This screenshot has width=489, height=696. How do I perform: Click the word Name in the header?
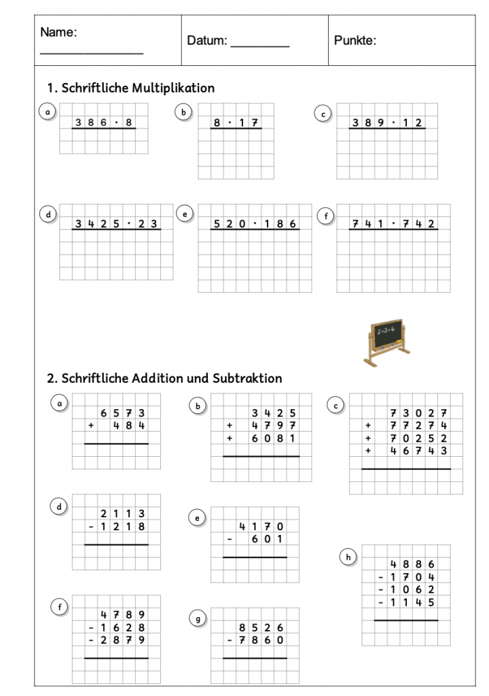[58, 32]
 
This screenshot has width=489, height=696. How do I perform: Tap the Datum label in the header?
[207, 41]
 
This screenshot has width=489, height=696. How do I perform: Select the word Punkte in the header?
[355, 41]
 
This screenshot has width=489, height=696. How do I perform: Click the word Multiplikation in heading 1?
[173, 88]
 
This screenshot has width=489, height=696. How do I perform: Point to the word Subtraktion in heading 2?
[247, 378]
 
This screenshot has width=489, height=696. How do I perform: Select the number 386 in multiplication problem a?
[90, 123]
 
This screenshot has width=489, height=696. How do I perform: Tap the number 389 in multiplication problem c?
[367, 123]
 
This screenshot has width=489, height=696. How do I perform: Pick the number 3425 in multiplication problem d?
[97, 224]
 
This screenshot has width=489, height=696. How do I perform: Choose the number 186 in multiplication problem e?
[280, 224]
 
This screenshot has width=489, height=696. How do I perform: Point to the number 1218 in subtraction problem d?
[122, 527]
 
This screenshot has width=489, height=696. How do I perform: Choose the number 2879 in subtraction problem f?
[122, 640]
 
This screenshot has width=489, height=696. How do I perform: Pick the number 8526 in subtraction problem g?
[261, 627]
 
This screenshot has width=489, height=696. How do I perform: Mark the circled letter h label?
[348, 558]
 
